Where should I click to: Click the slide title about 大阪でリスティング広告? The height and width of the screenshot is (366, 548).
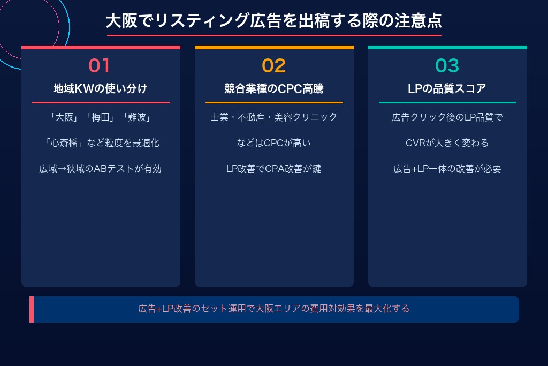273,21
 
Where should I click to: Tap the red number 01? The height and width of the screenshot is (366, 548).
100,65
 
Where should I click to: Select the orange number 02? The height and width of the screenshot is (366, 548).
273,65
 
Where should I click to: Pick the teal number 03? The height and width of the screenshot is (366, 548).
447,65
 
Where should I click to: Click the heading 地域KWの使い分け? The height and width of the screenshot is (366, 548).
100,88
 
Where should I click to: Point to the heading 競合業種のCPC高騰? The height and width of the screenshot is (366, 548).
273,88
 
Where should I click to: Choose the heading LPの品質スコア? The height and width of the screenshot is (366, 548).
447,88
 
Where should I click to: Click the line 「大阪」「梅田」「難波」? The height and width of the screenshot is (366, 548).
100,117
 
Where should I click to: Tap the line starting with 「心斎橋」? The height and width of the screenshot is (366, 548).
100,143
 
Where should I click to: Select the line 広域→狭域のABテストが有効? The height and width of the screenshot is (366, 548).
100,169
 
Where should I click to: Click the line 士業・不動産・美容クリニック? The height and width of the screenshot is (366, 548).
273,117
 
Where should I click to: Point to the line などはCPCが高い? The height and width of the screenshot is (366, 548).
273,143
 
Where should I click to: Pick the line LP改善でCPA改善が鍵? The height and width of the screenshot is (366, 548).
273,169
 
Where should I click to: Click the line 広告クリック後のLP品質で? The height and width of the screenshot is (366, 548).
447,117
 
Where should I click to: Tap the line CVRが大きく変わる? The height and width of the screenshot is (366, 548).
447,143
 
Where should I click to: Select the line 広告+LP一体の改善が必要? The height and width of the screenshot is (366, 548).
447,169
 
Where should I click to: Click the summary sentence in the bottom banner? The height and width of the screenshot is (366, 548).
273,309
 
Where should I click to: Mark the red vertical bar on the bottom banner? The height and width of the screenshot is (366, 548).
32,309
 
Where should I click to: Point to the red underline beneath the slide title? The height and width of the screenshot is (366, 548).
273,35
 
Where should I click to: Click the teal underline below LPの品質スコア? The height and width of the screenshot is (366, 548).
447,102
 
